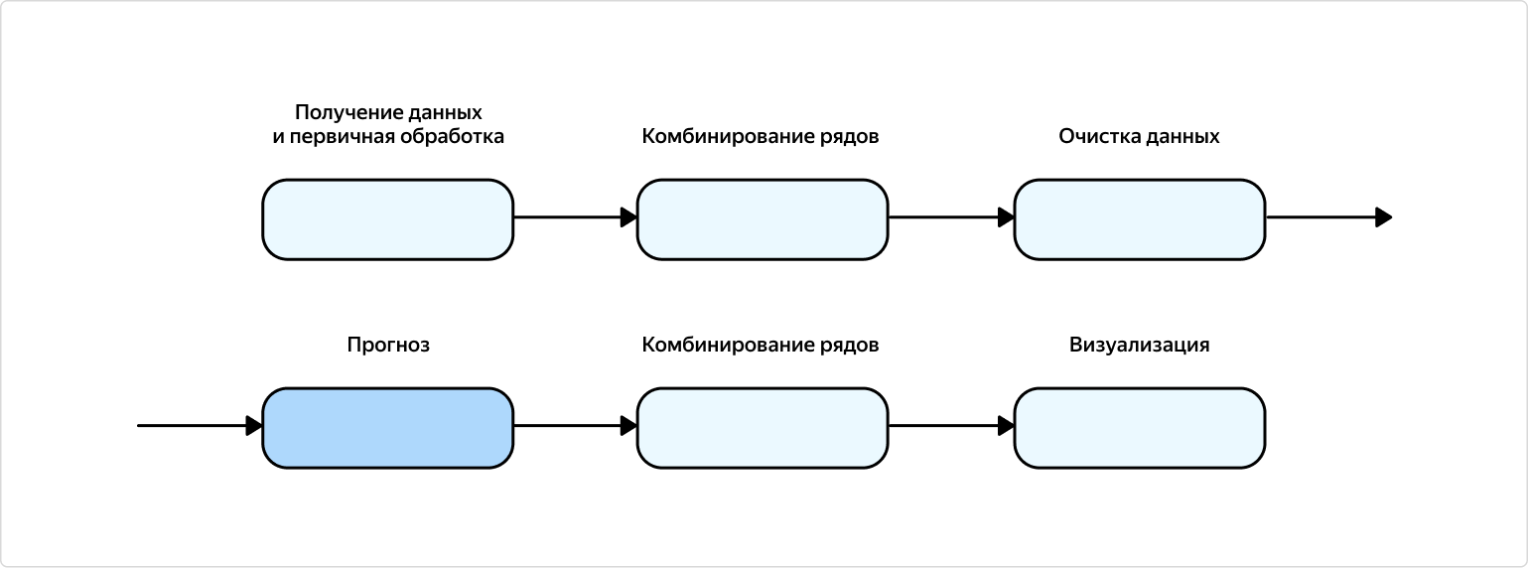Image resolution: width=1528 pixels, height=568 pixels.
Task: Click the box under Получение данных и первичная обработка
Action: (x=387, y=219)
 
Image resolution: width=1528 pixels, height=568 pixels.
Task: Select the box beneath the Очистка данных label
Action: (x=1139, y=219)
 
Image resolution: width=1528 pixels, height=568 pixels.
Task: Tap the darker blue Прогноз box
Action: (x=387, y=428)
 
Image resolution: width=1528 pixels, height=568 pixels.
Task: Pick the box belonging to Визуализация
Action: (x=1139, y=428)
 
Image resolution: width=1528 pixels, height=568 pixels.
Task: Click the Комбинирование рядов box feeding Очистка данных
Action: (x=762, y=219)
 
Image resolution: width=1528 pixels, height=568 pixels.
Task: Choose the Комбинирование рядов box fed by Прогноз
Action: (x=762, y=428)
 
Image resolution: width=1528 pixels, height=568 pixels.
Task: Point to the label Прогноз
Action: (x=388, y=346)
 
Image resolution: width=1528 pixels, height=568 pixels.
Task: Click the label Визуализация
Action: (x=1139, y=346)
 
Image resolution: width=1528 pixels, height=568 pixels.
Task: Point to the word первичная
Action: (x=340, y=137)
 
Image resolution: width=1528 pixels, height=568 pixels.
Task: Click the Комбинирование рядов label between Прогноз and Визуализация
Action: (x=761, y=346)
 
